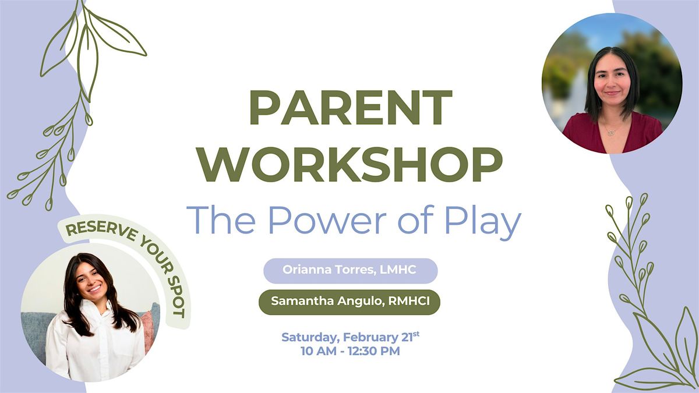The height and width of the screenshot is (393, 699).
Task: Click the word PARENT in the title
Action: [350, 107]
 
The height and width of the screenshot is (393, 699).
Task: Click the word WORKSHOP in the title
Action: [351, 165]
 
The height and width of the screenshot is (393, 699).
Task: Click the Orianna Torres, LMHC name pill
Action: [351, 271]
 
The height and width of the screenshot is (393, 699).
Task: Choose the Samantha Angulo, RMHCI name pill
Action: [349, 302]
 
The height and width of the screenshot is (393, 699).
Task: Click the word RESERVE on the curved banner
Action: [101, 231]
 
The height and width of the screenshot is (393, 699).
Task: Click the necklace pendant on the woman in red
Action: [611, 133]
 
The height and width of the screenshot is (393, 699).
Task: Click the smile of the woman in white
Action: [94, 289]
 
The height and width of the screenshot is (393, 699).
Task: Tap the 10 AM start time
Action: [314, 351]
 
